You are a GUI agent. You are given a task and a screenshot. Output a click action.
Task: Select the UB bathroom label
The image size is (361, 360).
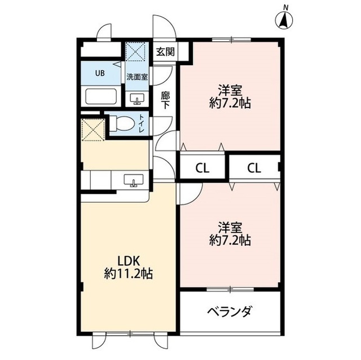99,73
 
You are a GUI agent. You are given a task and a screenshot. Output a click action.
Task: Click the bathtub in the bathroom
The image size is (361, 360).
100,96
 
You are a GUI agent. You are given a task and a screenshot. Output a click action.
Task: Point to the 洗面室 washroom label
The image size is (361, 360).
137,77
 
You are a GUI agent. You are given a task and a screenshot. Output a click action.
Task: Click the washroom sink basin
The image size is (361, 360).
137,99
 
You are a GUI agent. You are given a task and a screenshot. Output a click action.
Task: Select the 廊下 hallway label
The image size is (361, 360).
165,100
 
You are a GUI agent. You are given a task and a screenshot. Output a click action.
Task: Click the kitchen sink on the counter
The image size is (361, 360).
134,180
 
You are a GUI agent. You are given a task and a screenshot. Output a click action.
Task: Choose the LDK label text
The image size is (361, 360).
128,261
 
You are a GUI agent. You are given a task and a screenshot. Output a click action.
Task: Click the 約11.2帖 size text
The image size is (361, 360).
128,274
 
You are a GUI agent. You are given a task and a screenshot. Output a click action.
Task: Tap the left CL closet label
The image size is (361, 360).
203,167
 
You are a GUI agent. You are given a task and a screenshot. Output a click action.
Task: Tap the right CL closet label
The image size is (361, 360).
254,167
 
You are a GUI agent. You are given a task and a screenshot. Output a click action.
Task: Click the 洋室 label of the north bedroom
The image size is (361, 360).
230,90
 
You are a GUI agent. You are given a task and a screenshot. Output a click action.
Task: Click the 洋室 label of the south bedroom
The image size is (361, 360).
230,227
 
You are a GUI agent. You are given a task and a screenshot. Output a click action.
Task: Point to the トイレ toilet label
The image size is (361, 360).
142,124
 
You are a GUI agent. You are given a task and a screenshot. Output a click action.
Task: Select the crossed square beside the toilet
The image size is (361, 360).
92,130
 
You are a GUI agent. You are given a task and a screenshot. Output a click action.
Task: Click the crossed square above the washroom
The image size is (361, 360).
136,54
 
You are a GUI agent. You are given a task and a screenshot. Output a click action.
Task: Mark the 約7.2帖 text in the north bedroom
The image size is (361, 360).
230,103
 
